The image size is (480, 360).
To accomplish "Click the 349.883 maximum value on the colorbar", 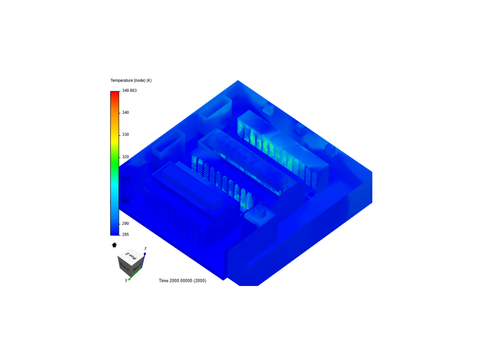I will (129, 90).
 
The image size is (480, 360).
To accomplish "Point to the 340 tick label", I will (125, 113).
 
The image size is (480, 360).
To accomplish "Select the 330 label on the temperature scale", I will (125, 135).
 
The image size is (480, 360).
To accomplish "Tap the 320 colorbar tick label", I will (125, 157).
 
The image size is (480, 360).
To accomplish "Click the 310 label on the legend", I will (125, 179).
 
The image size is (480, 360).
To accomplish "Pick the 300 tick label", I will (125, 201).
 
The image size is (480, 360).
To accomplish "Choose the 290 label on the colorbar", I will (125, 223).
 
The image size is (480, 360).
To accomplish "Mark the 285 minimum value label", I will (125, 234).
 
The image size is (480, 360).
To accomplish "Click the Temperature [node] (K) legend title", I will (131, 80).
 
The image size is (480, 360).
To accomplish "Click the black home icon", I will (114, 245).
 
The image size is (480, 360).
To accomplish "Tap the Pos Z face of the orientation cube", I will (131, 255).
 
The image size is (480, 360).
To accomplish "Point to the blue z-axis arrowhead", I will (145, 254).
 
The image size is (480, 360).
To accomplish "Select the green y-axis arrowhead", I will (129, 279).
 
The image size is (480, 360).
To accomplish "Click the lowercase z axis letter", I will (145, 248).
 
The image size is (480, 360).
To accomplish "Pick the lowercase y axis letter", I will (126, 280).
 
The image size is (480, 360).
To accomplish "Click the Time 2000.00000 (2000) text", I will (182, 281).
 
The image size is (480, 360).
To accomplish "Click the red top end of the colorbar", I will (115, 93).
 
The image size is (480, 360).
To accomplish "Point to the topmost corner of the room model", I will (238, 80).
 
